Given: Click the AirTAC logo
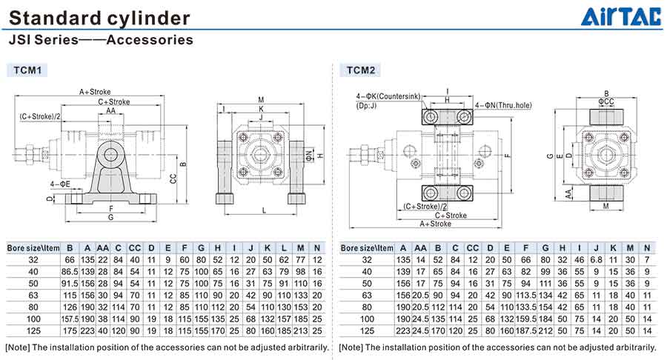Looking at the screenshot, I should [620, 16].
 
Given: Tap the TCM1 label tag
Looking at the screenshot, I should [31, 70].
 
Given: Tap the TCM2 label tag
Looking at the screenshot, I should [361, 70].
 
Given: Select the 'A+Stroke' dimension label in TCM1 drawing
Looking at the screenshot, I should [95, 92].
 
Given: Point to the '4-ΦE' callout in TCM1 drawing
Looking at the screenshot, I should [60, 183].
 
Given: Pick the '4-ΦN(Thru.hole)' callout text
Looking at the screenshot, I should [511, 105].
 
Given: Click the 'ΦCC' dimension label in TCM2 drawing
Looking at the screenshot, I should [605, 101].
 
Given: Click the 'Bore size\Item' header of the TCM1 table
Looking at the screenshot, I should [33, 247].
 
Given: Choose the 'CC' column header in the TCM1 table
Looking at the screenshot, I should [135, 247].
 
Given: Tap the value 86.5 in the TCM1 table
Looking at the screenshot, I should [70, 272].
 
